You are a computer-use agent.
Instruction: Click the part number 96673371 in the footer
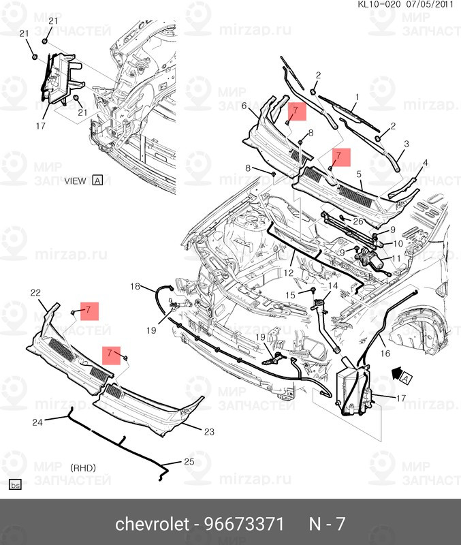[x=244, y=524]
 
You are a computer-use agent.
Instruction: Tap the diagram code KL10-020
[x=379, y=4]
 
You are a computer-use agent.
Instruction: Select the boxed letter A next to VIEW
[x=97, y=181]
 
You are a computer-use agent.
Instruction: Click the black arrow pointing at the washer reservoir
[x=396, y=374]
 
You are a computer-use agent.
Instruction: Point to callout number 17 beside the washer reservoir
[x=401, y=398]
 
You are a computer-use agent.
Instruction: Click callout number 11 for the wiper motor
[x=396, y=259]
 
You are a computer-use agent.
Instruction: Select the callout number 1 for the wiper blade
[x=357, y=97]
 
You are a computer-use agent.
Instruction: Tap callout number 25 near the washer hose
[x=189, y=461]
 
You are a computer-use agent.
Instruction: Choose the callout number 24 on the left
[x=37, y=422]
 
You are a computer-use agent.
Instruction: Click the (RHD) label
[x=83, y=468]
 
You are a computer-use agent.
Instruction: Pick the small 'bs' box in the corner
[x=15, y=485]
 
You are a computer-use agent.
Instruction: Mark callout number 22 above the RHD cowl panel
[x=35, y=293]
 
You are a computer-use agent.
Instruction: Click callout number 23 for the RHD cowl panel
[x=209, y=432]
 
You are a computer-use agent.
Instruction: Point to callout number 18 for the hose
[x=135, y=286]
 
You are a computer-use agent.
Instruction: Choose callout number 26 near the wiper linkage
[x=357, y=221]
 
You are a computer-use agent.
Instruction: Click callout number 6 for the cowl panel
[x=244, y=106]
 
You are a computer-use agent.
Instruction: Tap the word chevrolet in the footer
[x=152, y=524]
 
